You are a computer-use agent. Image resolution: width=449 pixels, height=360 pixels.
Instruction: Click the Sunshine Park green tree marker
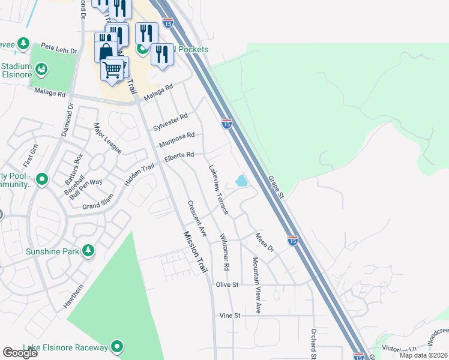pyautogui.click(x=88, y=250)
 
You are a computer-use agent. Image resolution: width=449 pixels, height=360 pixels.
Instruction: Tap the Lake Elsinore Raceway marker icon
pyautogui.click(x=117, y=347)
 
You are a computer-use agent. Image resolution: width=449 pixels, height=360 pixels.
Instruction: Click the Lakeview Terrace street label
pyautogui.click(x=218, y=189)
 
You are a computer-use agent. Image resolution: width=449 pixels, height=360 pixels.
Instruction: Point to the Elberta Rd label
pyautogui.click(x=179, y=155)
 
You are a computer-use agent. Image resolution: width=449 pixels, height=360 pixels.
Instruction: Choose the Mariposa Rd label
pyautogui.click(x=176, y=140)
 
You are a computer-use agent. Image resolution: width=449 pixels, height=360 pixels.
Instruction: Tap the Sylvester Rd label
pyautogui.click(x=170, y=122)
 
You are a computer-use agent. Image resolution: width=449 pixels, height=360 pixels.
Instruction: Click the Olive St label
pyautogui.click(x=228, y=284)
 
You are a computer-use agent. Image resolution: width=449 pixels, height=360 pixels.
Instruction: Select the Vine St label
pyautogui.click(x=229, y=315)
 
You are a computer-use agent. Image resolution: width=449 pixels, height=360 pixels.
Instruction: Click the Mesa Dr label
pyautogui.click(x=264, y=242)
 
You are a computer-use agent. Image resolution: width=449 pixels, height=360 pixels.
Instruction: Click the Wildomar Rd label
pyautogui.click(x=225, y=251)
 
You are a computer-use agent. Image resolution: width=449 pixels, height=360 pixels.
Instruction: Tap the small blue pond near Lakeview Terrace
pyautogui.click(x=241, y=180)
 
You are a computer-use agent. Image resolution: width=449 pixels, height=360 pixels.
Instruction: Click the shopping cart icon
pyautogui.click(x=113, y=71)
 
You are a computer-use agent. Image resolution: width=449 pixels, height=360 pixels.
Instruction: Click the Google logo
pyautogui.click(x=20, y=353)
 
